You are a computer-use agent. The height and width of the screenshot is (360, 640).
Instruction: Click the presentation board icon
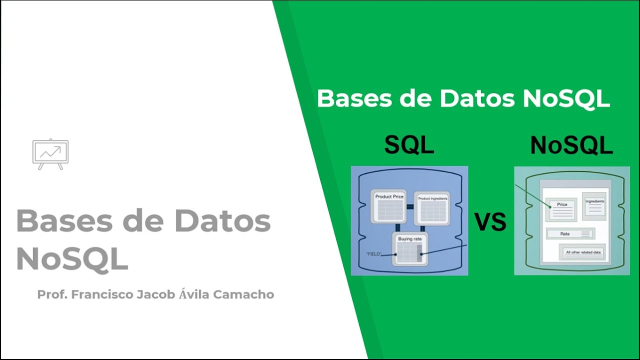[x=50, y=153]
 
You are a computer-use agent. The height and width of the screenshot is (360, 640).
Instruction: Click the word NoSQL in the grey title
[x=72, y=258]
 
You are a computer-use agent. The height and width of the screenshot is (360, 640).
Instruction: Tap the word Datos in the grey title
[x=222, y=221]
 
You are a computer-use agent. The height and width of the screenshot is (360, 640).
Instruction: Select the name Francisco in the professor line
[x=102, y=294]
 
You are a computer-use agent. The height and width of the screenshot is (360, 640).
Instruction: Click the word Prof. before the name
[x=52, y=294]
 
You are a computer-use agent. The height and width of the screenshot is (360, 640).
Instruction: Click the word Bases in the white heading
[x=357, y=98]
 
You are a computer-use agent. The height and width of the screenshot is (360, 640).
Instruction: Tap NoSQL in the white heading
[x=566, y=98]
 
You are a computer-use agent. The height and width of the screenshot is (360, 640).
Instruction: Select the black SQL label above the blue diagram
[x=409, y=145]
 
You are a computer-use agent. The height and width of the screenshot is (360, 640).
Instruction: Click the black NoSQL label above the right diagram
[x=571, y=145]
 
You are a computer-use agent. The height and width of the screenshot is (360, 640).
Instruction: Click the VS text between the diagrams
[x=490, y=222]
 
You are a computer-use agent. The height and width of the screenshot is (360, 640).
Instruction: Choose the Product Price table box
[x=389, y=206]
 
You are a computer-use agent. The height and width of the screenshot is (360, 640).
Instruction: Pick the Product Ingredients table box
[x=432, y=207]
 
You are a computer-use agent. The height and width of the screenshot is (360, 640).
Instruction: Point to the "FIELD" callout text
[x=373, y=254]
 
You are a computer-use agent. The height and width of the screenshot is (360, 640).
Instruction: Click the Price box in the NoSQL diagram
[x=562, y=209]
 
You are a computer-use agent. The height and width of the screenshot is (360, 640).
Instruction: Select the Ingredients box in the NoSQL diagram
[x=594, y=204]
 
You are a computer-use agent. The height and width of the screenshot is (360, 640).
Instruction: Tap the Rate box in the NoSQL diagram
[x=570, y=233]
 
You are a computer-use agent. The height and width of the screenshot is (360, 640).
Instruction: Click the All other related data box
[x=582, y=252]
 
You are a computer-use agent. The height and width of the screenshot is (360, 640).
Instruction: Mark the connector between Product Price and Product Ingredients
[x=409, y=206]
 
